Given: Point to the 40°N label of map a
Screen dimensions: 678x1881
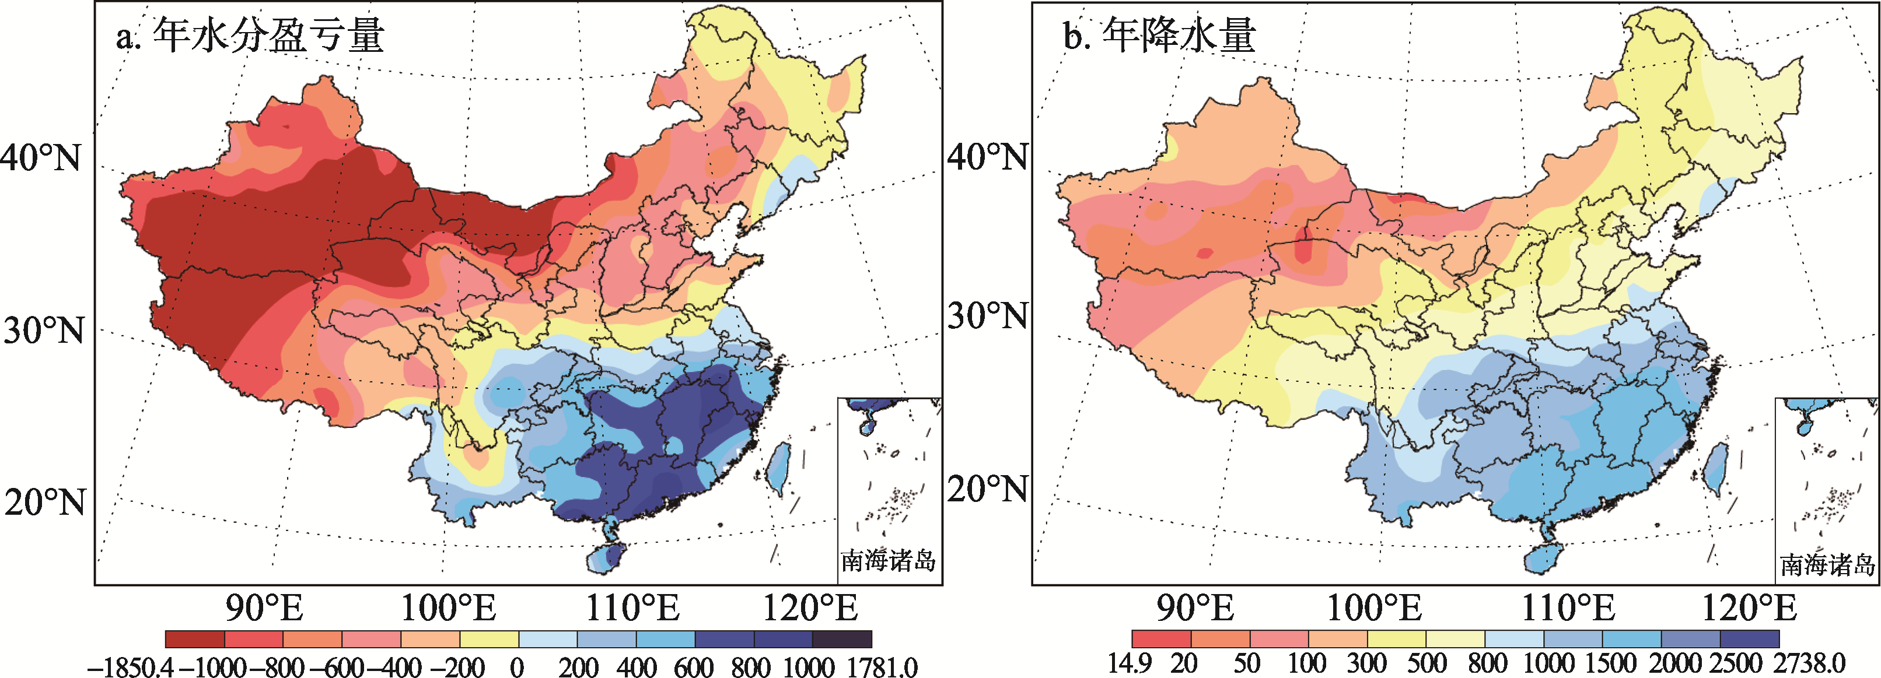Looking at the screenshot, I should coord(41,157).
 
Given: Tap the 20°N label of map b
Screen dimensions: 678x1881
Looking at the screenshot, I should coord(988,489).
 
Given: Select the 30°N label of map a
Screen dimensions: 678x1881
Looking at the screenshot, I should coord(44,331).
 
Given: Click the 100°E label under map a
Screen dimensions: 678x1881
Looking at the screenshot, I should coord(448,608).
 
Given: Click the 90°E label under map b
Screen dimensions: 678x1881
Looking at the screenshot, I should coord(1195,608).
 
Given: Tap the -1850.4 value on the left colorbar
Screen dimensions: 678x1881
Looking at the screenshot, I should coord(130,667).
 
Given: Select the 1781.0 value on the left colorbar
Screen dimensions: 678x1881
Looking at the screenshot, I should coord(883,667).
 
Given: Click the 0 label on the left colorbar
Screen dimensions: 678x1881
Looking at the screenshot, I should coord(517,667).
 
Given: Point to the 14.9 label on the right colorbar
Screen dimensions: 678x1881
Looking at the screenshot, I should coord(1130,663).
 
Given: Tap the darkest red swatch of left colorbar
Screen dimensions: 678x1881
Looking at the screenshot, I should coord(195,640).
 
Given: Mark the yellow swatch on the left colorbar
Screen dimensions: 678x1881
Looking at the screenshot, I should coord(490,640).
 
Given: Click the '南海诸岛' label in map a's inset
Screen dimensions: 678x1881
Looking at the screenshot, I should coord(888,560).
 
